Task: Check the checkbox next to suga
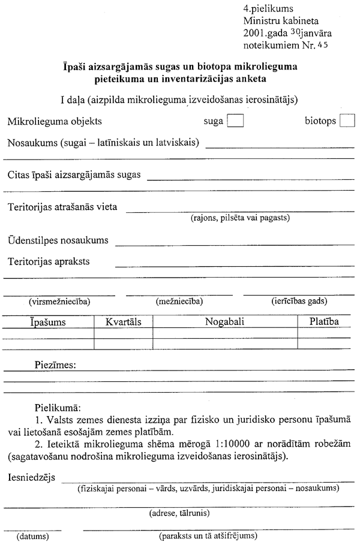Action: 236,121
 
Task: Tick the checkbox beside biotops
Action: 347,121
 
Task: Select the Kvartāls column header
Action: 123,322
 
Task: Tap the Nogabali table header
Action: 225,322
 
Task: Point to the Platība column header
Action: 324,322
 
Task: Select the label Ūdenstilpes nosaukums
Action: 58,240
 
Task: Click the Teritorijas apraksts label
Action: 52,261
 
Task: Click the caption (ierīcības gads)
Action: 295,302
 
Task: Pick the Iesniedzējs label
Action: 32,477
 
